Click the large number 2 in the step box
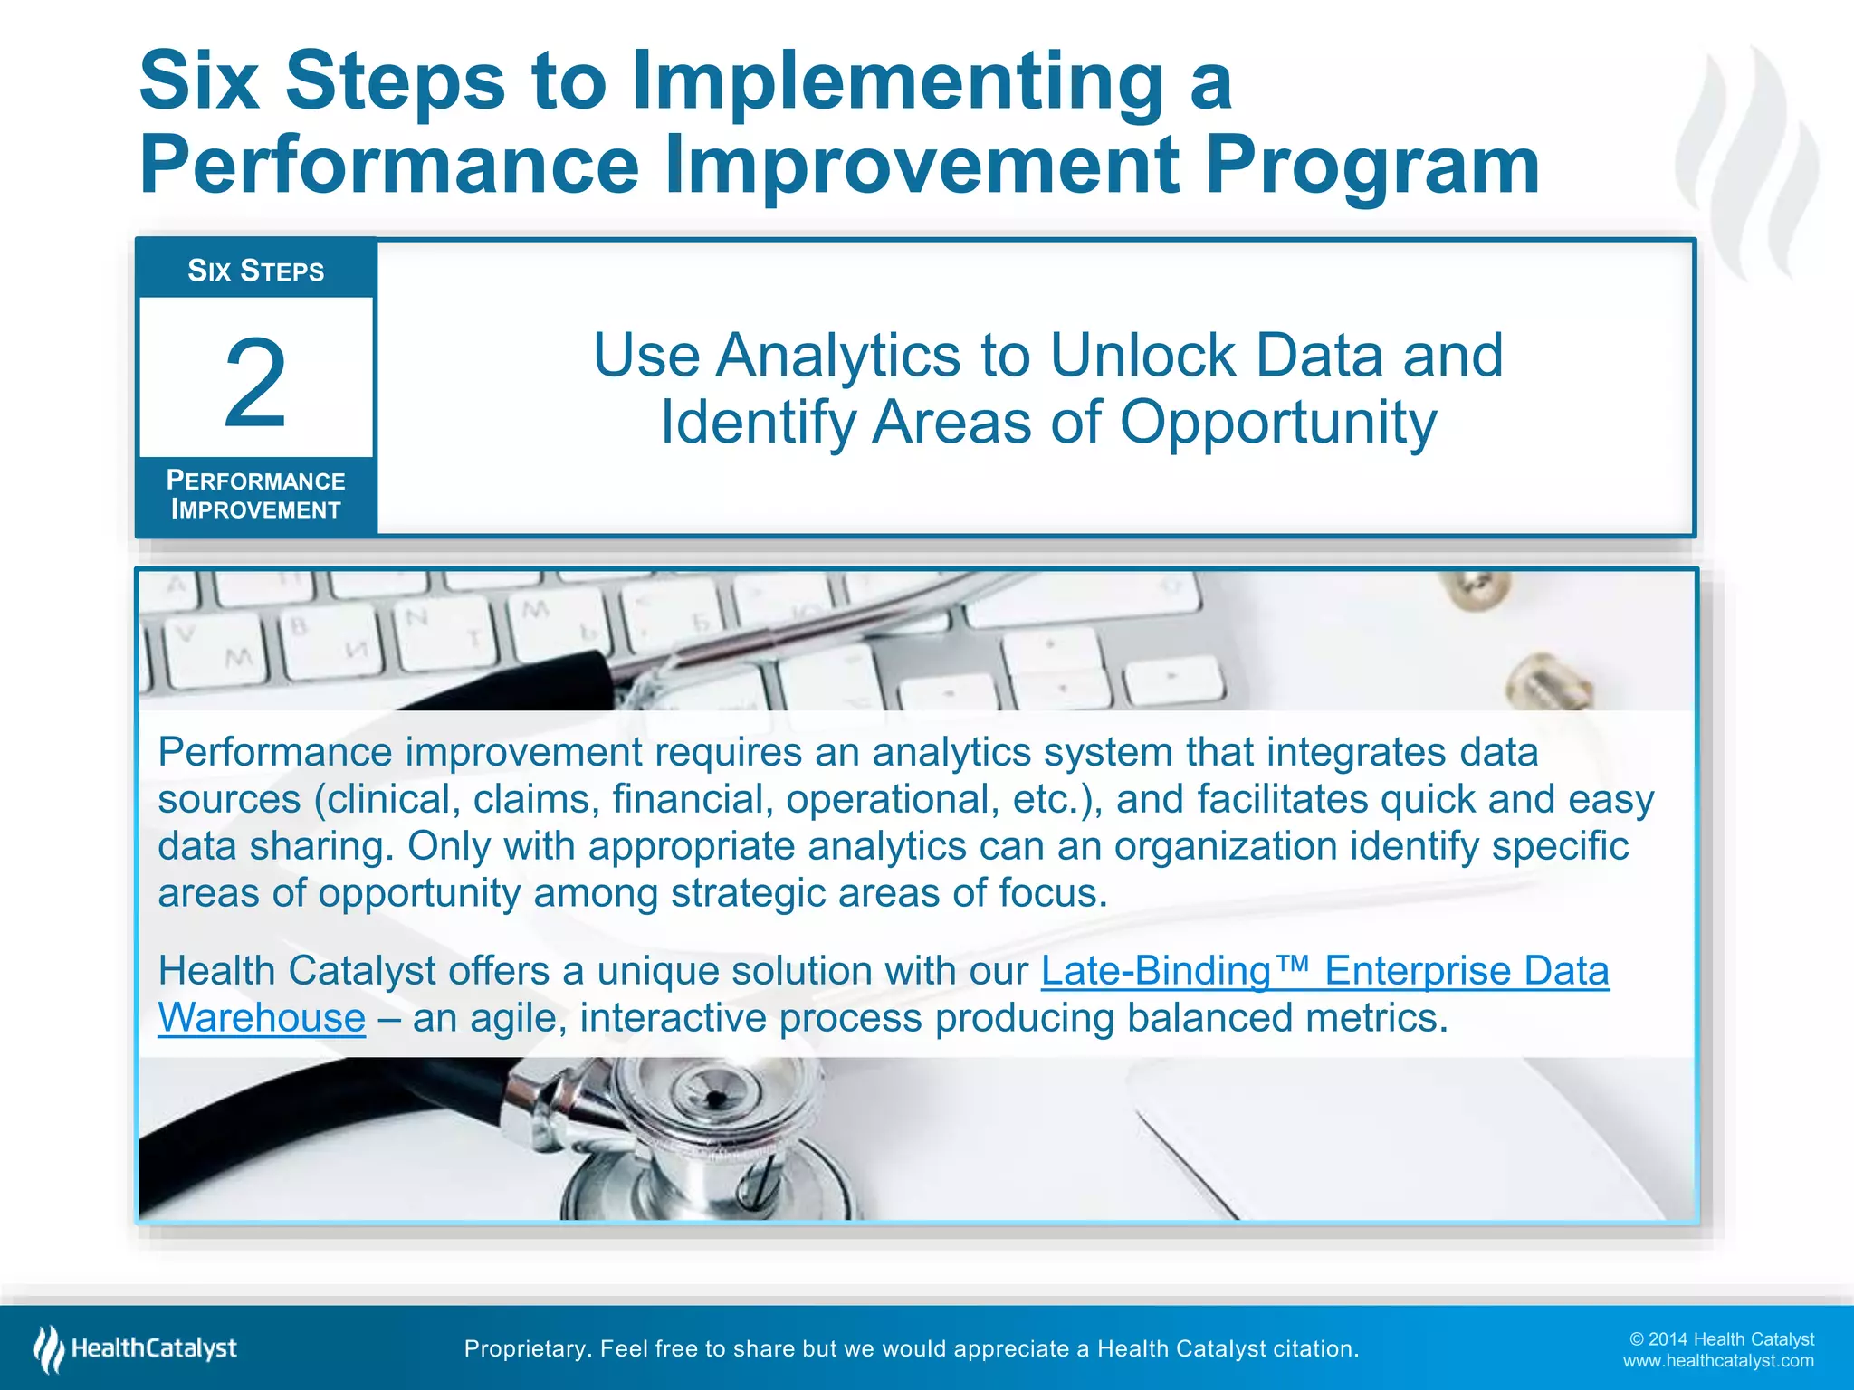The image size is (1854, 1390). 255,383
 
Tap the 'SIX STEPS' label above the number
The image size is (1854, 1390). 255,271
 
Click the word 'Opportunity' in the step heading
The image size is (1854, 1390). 1278,423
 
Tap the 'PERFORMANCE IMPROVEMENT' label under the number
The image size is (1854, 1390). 255,495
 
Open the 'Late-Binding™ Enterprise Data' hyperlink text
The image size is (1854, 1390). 1324,971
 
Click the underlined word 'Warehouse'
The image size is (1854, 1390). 262,1018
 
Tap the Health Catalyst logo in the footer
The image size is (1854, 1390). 136,1348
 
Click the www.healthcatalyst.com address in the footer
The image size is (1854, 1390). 1717,1360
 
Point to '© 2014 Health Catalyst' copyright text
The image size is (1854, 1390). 1721,1338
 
